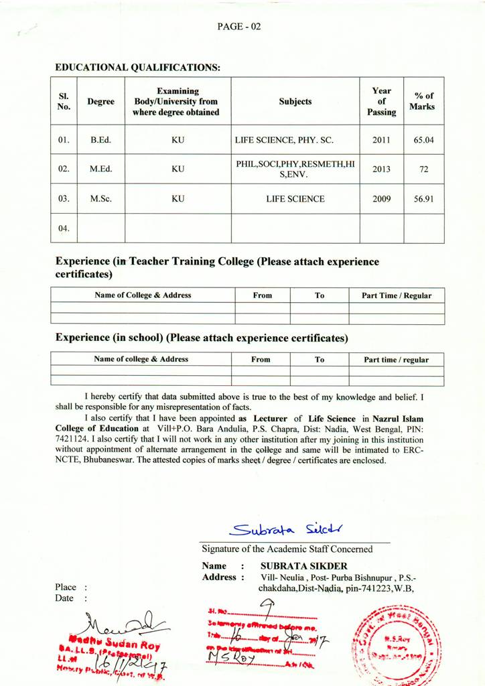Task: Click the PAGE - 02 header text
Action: [238, 27]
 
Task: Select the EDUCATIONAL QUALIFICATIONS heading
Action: [137, 68]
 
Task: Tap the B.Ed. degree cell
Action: [100, 141]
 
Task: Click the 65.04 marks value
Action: [423, 141]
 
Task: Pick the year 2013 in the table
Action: [380, 169]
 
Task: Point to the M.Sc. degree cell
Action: [100, 199]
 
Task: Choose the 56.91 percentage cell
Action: [423, 199]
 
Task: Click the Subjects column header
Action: [295, 102]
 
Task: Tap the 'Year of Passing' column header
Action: [381, 101]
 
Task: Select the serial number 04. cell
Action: [64, 228]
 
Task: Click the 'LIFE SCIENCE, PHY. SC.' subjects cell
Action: [284, 141]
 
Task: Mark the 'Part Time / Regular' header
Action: [397, 295]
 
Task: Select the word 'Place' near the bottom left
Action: [66, 588]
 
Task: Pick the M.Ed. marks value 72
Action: [423, 169]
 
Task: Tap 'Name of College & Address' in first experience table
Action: [143, 295]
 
